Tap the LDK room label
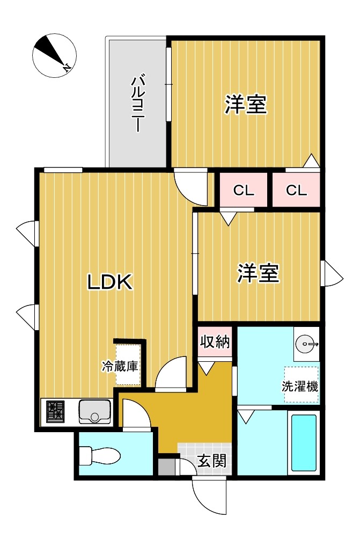pos(110,282)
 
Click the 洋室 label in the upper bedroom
pos(246,104)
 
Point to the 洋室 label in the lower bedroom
pos(259,273)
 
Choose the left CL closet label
pos(243,190)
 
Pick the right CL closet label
pos(296,190)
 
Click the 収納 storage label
pos(215,341)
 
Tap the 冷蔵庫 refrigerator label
pos(121,367)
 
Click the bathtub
pos(304,443)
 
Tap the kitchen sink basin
pos(95,411)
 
